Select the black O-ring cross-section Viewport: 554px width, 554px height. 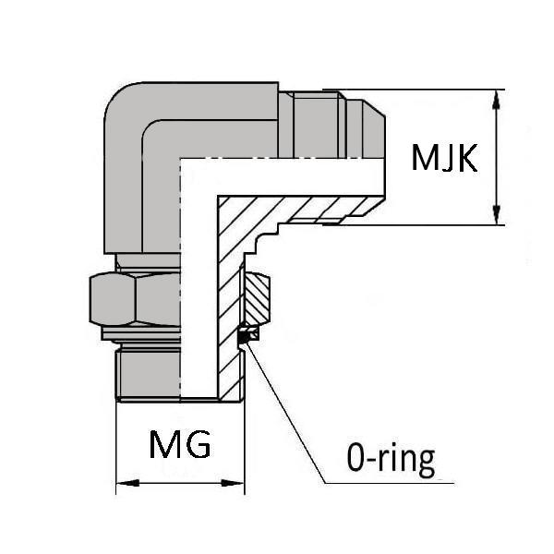pyautogui.click(x=245, y=337)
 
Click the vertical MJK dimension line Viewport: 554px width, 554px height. pyautogui.click(x=499, y=157)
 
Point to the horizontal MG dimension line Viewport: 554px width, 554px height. pyautogui.click(x=180, y=482)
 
